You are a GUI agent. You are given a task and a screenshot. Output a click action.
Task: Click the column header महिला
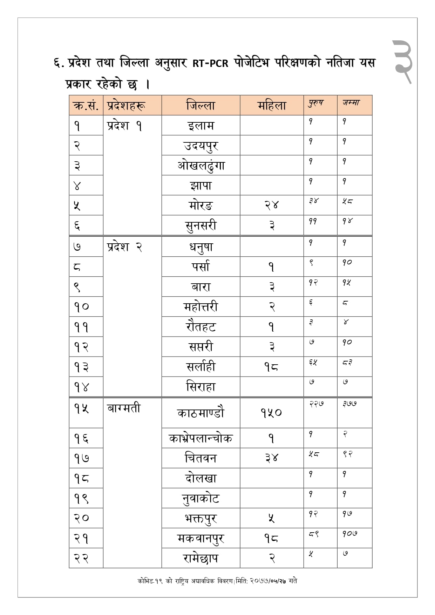(x=272, y=106)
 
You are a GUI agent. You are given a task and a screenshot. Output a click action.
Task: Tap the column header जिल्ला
(x=200, y=106)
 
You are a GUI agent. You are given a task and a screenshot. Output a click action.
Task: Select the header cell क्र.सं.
(x=86, y=106)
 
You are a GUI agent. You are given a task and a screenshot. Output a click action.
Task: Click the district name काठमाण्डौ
(x=200, y=413)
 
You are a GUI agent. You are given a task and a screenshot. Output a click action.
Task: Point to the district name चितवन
(x=200, y=458)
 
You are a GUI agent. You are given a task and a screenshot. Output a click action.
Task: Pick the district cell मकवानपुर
(x=200, y=538)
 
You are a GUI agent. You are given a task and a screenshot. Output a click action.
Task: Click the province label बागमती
(x=124, y=408)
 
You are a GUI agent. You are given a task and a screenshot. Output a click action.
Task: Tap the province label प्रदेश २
(x=124, y=247)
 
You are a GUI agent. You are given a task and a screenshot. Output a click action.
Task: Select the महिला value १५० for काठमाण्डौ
(x=271, y=413)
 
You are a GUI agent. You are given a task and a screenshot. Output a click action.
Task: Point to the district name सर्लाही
(x=200, y=367)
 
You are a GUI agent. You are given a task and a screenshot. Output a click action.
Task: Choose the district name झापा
(x=200, y=185)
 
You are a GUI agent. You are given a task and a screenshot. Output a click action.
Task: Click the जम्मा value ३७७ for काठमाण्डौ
(x=350, y=404)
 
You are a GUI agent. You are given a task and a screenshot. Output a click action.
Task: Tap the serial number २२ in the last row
(x=81, y=558)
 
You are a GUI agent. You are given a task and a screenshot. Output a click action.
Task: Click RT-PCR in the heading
(x=210, y=63)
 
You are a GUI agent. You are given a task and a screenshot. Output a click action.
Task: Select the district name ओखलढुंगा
(x=200, y=165)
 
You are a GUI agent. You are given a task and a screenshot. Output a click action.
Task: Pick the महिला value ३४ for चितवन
(x=271, y=458)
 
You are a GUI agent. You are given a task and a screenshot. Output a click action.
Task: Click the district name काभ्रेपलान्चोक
(x=200, y=438)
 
